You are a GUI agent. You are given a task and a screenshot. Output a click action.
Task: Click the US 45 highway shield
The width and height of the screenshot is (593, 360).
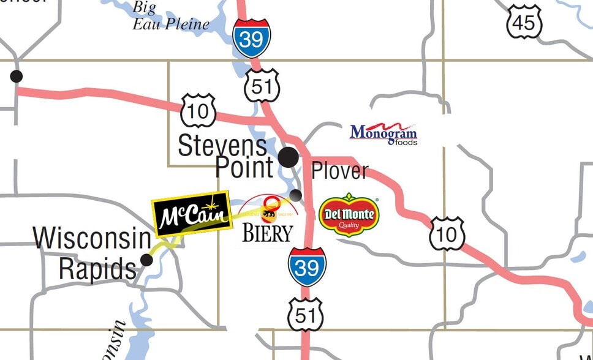[x=524, y=23]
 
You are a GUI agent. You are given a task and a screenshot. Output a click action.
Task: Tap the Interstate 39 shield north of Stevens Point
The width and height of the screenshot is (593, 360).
[x=251, y=37]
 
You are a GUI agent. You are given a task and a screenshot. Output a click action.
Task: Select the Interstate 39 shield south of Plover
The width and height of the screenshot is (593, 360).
[x=307, y=266]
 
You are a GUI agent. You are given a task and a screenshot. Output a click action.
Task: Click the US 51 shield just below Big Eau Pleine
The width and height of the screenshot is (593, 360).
[x=261, y=86]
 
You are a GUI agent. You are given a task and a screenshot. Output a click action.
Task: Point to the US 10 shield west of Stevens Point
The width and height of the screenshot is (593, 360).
[x=198, y=111]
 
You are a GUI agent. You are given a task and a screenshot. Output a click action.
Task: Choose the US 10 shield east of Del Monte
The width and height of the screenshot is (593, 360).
[x=447, y=233]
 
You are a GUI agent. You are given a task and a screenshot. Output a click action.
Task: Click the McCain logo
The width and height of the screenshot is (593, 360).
[x=191, y=214]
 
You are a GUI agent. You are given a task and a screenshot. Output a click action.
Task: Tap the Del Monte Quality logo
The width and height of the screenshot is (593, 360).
[x=349, y=214]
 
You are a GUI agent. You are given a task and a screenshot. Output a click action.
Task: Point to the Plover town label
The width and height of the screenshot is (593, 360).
[x=340, y=171]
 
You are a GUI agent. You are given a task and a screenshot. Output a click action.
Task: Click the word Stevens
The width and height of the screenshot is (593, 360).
[x=222, y=146]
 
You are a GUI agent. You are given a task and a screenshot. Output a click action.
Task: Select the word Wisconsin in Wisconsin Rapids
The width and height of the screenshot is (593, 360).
[x=92, y=238]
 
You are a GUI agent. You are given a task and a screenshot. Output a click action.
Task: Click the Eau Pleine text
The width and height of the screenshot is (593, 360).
[x=171, y=24]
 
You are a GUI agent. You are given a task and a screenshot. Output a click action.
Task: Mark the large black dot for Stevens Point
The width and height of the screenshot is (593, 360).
[x=289, y=157]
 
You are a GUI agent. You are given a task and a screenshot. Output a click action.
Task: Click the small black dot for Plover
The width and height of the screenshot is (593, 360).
[x=296, y=195]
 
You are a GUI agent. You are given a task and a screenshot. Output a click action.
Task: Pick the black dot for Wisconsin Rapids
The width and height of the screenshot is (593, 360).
[x=146, y=260]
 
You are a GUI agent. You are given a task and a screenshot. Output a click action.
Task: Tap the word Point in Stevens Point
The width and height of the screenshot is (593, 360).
[x=244, y=167]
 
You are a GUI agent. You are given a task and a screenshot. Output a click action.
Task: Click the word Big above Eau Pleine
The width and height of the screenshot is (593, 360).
[x=145, y=8]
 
